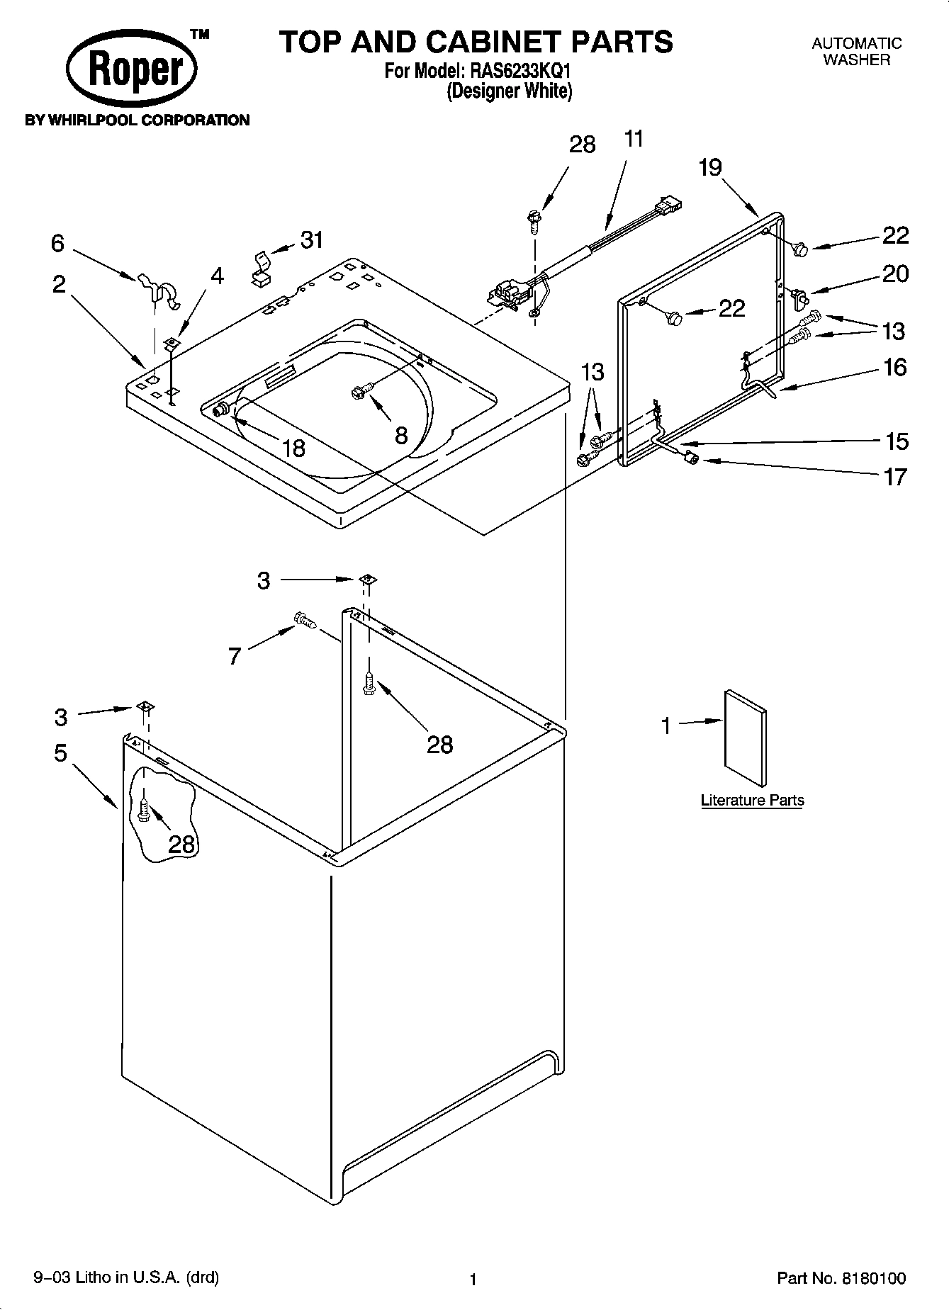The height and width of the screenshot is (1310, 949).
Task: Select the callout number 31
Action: [x=312, y=240]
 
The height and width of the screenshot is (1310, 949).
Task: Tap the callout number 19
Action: [x=709, y=168]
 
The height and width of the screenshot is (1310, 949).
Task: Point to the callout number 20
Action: [x=895, y=273]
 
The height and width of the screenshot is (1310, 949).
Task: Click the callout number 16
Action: [x=895, y=367]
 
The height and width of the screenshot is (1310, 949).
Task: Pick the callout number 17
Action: [x=896, y=477]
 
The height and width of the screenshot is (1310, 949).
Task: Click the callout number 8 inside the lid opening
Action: [x=401, y=435]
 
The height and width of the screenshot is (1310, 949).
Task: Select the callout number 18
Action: [x=293, y=448]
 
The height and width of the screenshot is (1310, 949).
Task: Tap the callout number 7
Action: [x=235, y=656]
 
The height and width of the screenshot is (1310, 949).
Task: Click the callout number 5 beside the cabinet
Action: [x=60, y=752]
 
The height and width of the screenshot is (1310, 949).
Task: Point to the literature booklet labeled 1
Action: [x=745, y=738]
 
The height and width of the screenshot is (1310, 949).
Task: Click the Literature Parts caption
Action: [x=752, y=801]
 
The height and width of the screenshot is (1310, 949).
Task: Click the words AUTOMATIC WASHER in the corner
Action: [x=856, y=52]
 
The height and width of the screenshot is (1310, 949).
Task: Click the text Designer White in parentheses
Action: [x=509, y=91]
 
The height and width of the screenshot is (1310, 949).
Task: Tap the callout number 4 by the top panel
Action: [x=217, y=276]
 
